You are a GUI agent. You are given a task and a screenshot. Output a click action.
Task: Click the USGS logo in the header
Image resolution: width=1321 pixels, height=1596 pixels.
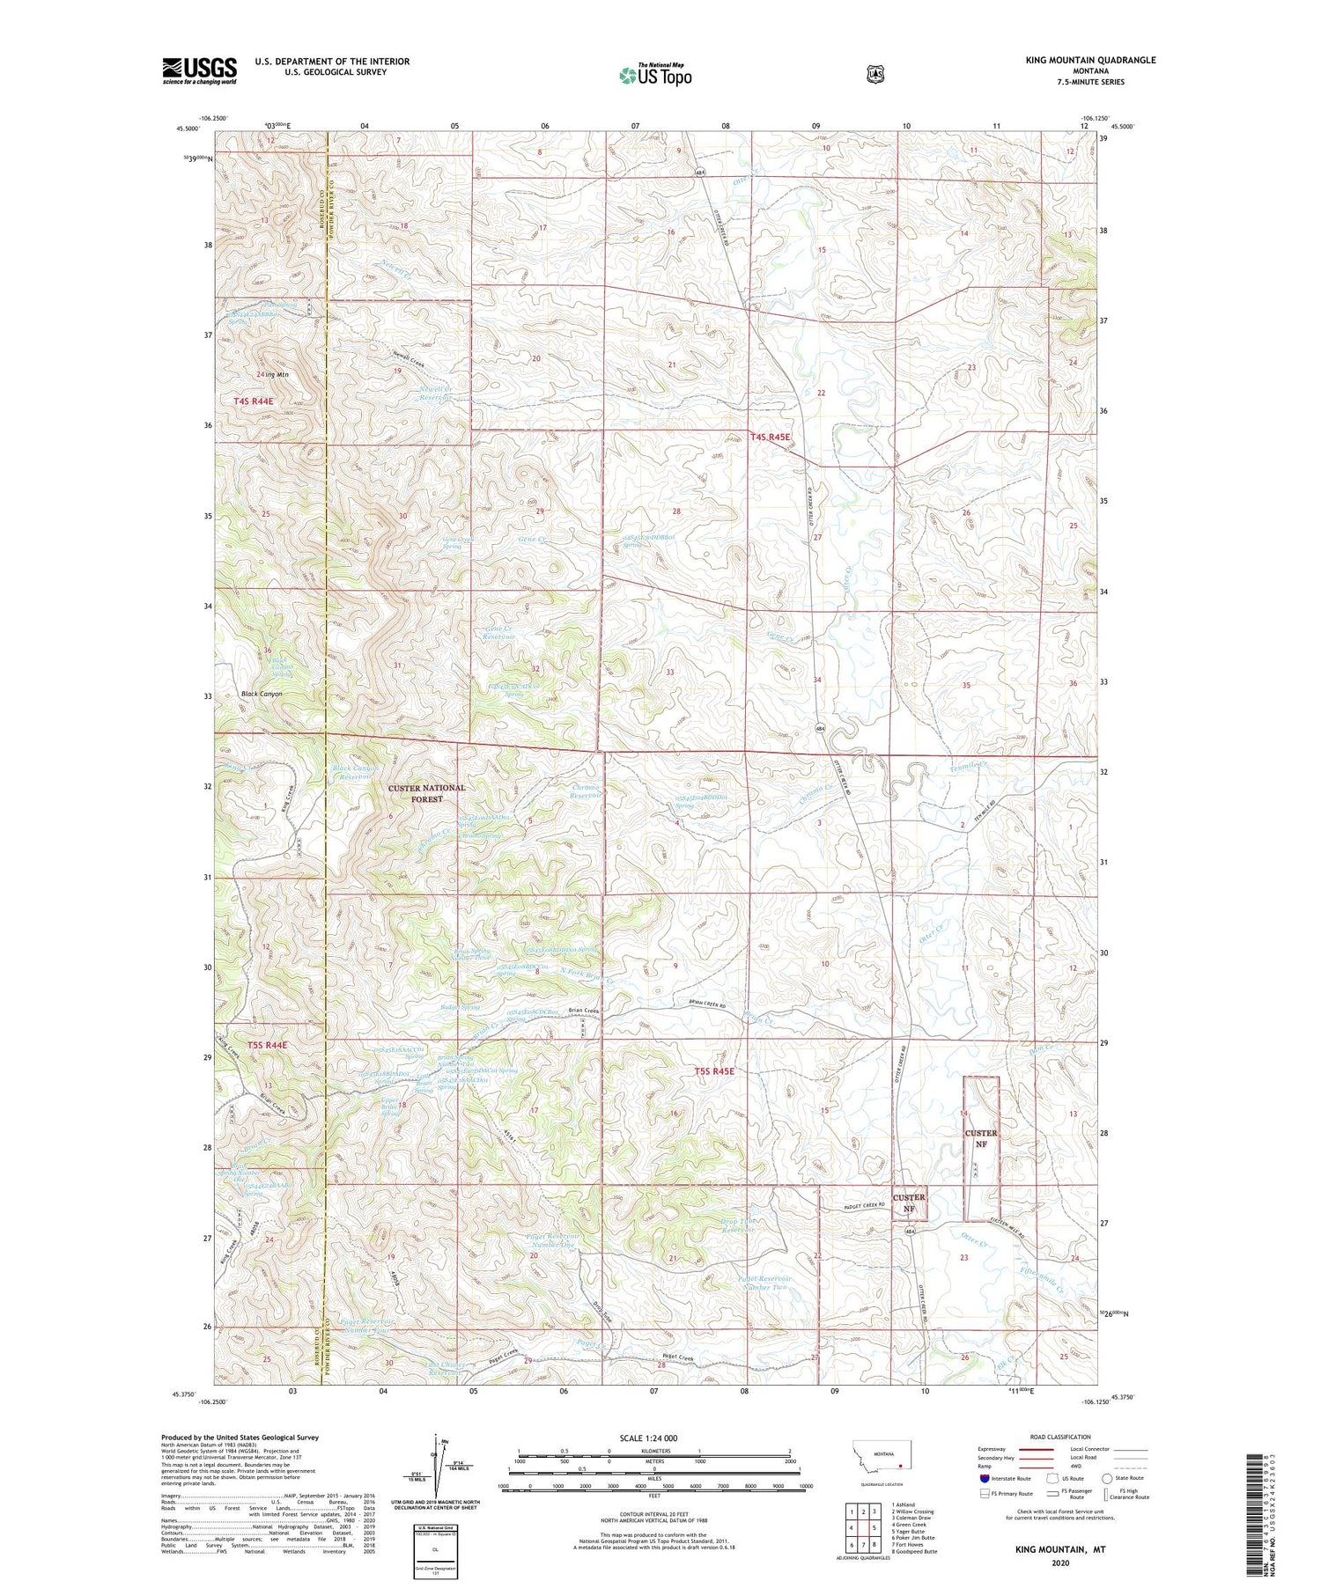[199, 70]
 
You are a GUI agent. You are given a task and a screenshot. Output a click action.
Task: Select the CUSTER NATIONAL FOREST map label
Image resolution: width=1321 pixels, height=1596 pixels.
[428, 793]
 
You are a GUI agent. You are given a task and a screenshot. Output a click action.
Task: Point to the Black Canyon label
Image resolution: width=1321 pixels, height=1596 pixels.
[262, 694]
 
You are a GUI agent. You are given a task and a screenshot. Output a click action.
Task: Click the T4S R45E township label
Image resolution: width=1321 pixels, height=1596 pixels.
[771, 437]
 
